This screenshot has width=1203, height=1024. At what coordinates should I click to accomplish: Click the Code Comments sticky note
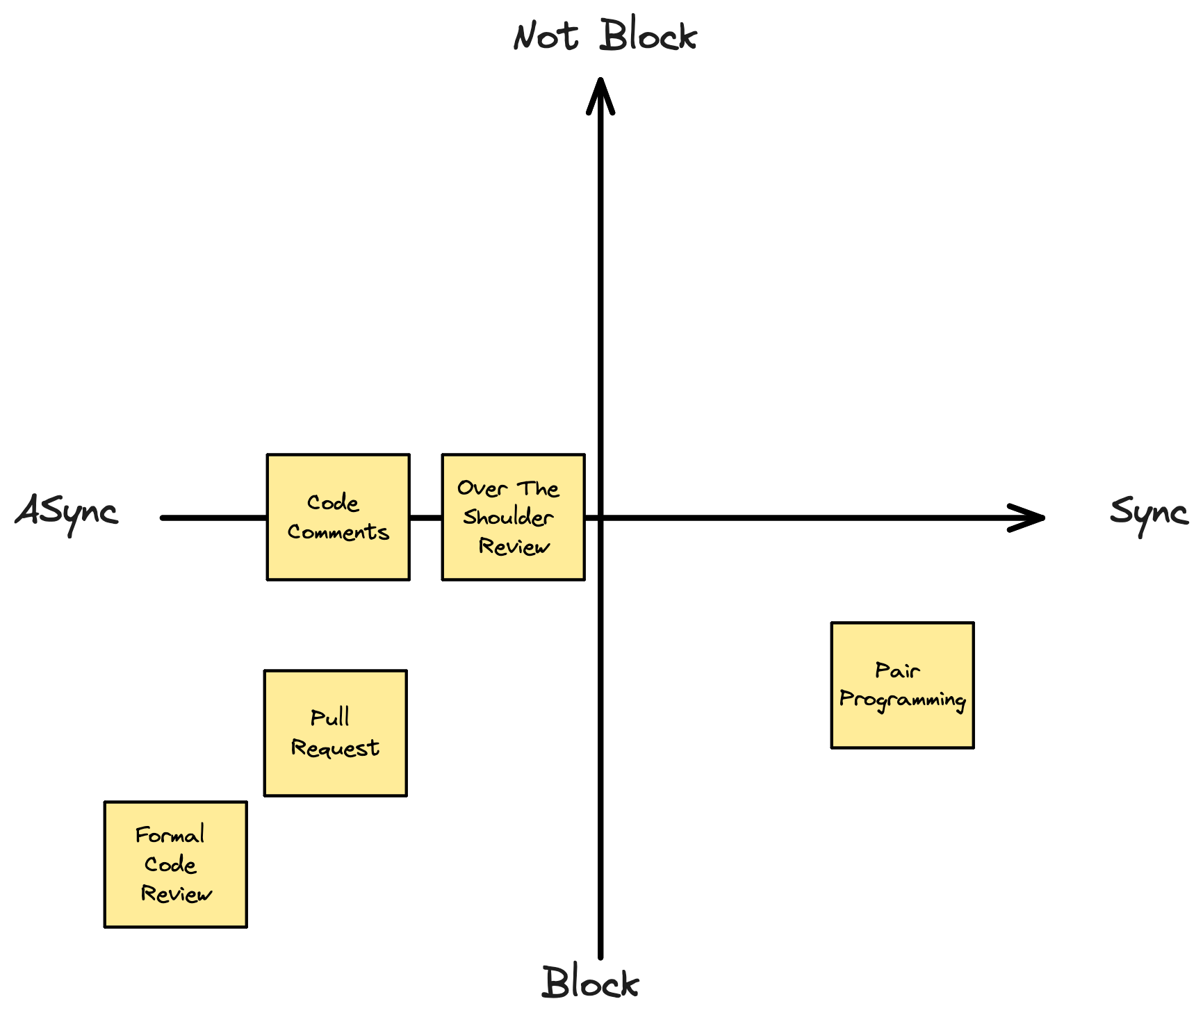click(x=338, y=518)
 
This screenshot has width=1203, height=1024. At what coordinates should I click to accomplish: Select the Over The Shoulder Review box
click(x=513, y=518)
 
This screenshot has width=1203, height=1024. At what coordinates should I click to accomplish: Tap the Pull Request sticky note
click(x=335, y=733)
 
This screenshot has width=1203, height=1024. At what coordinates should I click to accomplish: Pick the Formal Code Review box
click(x=175, y=864)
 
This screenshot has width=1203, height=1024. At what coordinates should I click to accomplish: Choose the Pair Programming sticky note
click(x=902, y=685)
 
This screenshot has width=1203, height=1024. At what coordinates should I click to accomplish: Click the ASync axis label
click(x=67, y=513)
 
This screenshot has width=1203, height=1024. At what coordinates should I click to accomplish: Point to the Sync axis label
click(x=1148, y=513)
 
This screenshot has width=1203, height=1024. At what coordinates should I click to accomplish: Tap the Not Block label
click(x=605, y=36)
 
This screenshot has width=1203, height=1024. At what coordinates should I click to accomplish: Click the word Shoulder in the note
click(x=508, y=518)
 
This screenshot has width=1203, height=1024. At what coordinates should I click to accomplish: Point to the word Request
click(x=335, y=748)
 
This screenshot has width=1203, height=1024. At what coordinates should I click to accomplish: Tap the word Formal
click(x=170, y=834)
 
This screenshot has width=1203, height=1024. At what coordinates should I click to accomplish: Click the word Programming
click(x=902, y=700)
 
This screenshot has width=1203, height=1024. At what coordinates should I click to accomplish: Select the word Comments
click(x=338, y=532)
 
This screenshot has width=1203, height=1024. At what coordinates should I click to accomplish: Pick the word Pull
click(x=329, y=718)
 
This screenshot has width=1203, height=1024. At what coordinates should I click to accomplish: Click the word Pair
click(x=897, y=670)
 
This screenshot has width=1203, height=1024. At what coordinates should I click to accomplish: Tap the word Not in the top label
click(x=546, y=36)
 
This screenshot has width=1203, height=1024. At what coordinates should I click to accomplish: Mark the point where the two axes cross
click(x=600, y=518)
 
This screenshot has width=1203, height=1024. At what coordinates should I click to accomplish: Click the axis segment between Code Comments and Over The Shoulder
click(x=425, y=518)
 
